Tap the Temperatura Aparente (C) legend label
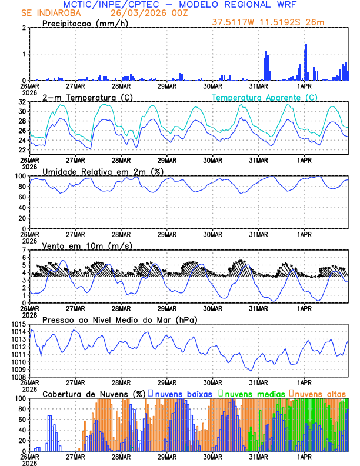[x=264, y=97]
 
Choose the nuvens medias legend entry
[x=254, y=393]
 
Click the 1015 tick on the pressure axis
[x=18, y=324]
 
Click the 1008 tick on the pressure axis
[x=18, y=377]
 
